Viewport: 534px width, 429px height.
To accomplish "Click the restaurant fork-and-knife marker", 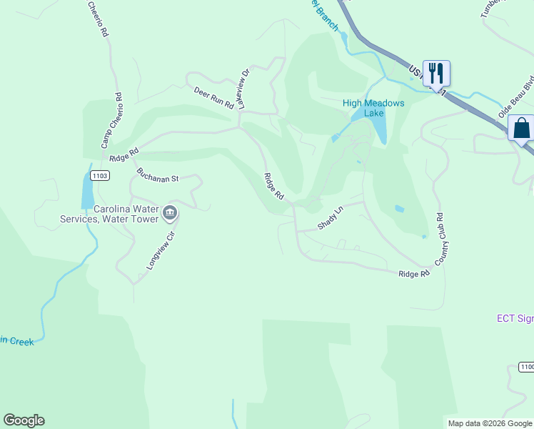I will click(x=436, y=72).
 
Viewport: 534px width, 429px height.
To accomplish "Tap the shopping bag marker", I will click(x=521, y=128).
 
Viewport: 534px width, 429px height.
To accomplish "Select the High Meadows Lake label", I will click(x=373, y=108).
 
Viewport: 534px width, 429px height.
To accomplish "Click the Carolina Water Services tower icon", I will click(x=170, y=212).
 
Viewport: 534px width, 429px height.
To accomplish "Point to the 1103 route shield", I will click(x=100, y=175).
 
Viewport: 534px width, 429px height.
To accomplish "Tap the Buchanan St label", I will click(x=158, y=176).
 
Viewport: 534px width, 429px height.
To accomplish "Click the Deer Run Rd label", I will click(x=213, y=97).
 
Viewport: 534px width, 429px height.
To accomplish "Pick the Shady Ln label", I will click(x=331, y=218).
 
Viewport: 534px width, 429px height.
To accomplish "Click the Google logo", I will click(x=24, y=420).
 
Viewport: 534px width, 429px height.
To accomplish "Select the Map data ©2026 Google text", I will click(x=489, y=423).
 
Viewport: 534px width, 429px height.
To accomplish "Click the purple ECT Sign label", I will click(x=515, y=318).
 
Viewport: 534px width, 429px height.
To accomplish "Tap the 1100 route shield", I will click(x=526, y=367).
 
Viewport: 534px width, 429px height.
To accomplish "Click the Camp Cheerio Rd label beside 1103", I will click(x=112, y=121).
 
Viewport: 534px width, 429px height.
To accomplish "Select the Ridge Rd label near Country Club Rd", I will click(x=414, y=274).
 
